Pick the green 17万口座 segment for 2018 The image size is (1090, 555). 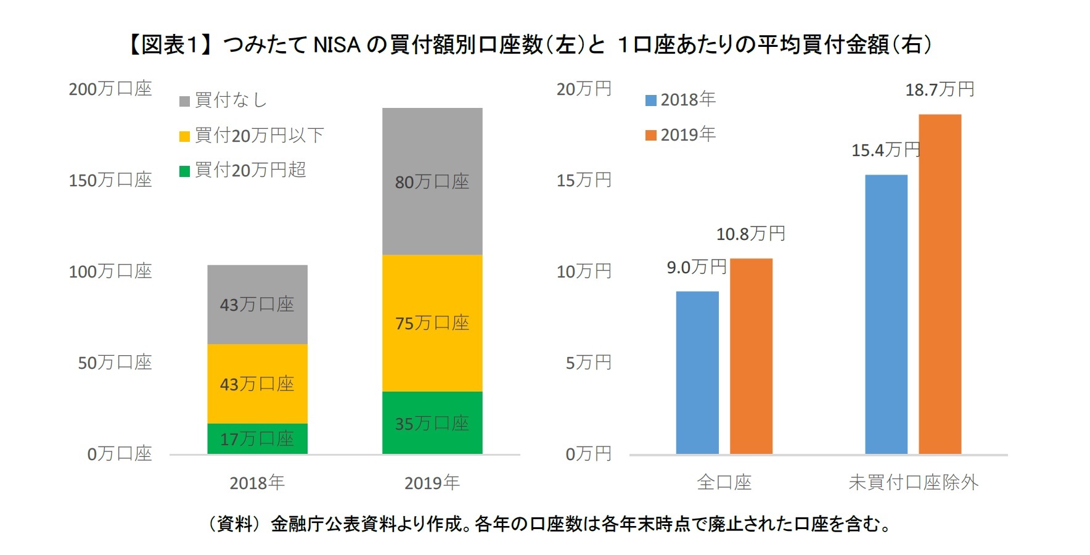257,439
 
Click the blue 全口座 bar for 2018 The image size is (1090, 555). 697,373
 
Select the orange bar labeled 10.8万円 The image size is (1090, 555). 751,356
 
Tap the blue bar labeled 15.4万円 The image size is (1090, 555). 886,314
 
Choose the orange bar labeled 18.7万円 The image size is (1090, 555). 940,284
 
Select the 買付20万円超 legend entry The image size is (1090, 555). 243,170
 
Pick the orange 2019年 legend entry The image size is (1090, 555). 681,134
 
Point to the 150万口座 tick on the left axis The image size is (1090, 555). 110,180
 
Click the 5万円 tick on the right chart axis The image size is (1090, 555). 588,363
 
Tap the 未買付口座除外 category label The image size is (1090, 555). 913,482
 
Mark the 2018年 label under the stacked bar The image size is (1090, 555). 257,483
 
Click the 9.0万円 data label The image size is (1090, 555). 697,268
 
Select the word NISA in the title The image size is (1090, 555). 337,45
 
